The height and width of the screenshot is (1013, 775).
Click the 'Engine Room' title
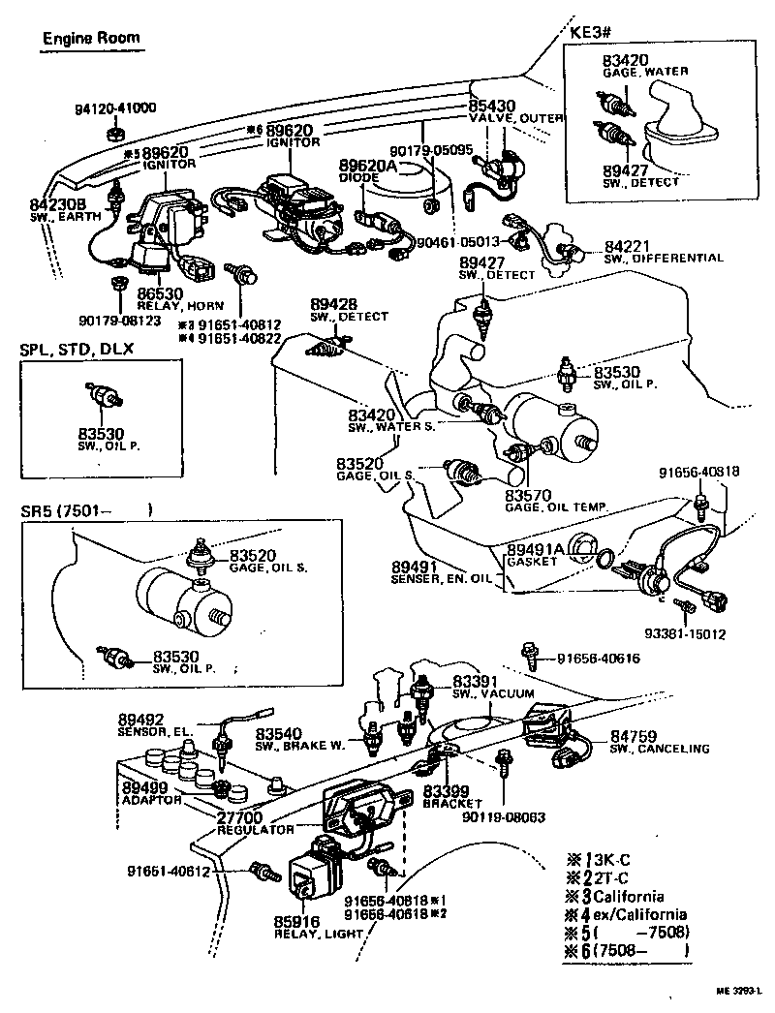click(91, 39)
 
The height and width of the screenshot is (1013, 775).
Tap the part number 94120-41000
click(116, 108)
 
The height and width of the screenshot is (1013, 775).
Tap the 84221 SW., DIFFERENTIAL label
click(663, 252)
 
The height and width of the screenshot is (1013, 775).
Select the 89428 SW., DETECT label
click(349, 310)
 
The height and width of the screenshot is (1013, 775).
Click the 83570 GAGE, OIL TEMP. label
click(555, 500)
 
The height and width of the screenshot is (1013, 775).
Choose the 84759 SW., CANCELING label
click(659, 743)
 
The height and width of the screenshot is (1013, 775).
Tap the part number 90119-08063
click(503, 816)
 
